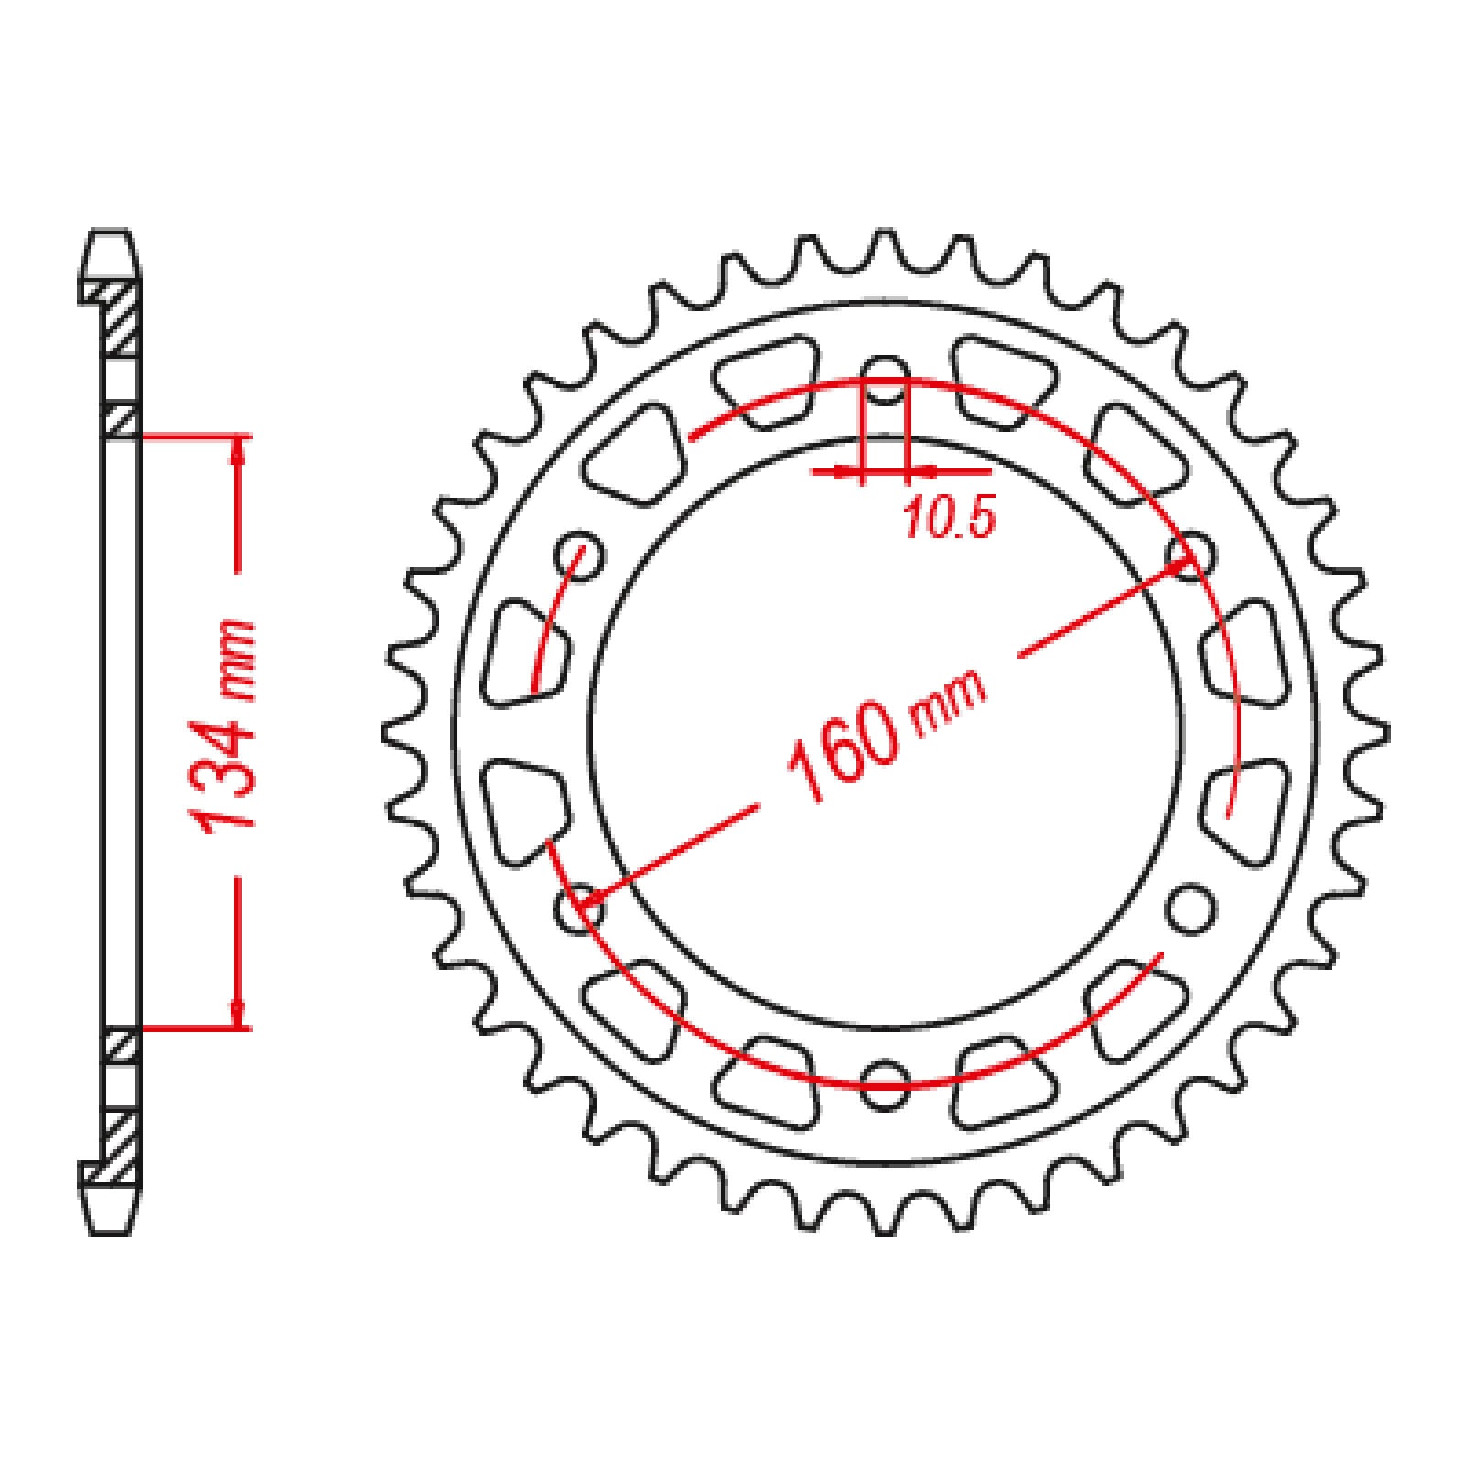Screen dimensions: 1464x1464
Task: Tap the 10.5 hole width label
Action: tap(948, 520)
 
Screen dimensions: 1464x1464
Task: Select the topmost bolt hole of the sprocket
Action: tap(884, 382)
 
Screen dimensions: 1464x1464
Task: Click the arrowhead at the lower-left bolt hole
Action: tap(586, 900)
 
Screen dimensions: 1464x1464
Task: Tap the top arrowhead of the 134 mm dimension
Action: tap(239, 448)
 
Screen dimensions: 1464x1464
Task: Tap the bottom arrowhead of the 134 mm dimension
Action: tap(239, 1016)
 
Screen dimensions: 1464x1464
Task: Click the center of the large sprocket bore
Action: tap(884, 732)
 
